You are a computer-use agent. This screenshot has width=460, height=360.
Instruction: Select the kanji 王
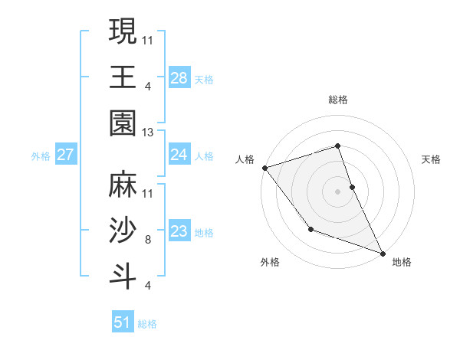123,77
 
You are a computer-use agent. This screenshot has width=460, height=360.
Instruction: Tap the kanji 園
123,123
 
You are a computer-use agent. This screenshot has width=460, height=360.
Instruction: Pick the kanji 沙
123,231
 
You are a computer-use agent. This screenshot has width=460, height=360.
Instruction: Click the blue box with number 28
179,77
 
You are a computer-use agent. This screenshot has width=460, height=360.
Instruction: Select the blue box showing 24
179,155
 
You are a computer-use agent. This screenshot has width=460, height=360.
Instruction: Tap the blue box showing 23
179,231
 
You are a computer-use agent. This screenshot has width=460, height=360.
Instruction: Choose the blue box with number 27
65,155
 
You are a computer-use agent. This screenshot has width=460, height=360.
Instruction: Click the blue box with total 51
123,322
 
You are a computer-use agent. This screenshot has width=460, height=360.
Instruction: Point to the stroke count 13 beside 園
149,133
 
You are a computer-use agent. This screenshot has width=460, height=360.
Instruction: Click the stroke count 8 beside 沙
147,239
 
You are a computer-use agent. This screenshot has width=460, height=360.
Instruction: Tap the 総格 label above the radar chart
337,100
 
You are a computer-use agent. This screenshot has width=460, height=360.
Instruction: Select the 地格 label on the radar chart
402,262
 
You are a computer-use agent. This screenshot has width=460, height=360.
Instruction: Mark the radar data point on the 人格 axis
264,168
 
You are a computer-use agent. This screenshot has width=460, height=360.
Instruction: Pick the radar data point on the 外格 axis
310,228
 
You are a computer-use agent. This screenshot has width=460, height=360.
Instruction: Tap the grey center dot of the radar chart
337,191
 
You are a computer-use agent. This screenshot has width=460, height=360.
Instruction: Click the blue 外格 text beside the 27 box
41,156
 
